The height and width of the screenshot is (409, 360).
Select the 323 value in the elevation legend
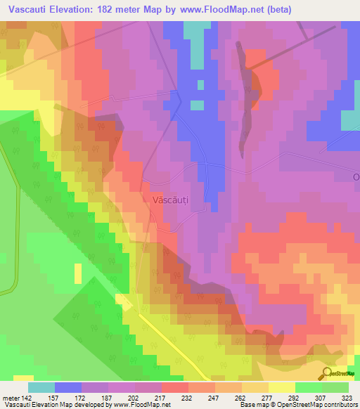(x=349, y=396)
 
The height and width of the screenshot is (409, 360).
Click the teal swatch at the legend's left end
(x=41, y=387)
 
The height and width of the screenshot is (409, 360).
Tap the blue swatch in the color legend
(x=67, y=387)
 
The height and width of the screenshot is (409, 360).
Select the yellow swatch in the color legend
(x=281, y=387)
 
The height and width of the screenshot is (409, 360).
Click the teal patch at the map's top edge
(x=196, y=32)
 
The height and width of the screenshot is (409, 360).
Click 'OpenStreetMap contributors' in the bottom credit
(x=320, y=405)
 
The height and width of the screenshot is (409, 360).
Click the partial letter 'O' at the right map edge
(x=356, y=176)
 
